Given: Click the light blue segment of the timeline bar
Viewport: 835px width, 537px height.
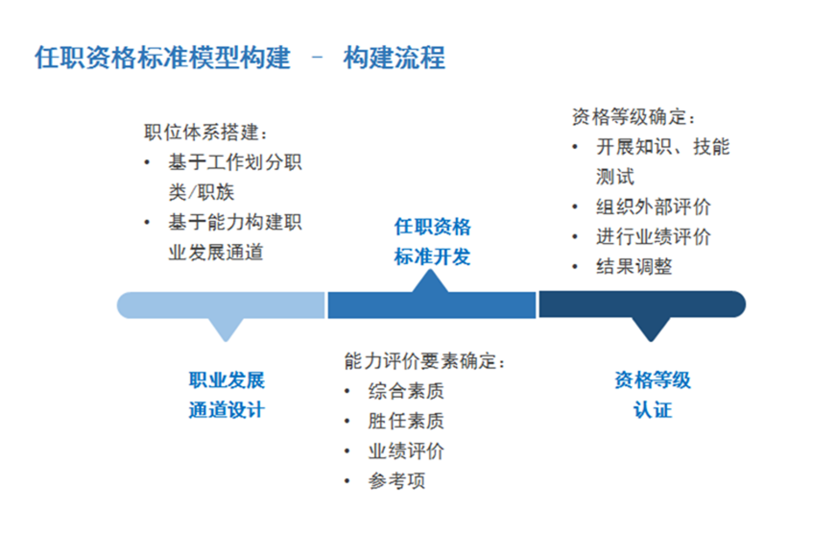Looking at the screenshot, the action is [x=221, y=305].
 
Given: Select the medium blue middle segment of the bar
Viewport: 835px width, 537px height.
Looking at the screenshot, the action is [x=431, y=305].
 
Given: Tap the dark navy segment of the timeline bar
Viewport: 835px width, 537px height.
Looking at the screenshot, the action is [x=642, y=305].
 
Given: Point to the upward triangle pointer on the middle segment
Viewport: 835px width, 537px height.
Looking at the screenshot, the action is [x=430, y=281].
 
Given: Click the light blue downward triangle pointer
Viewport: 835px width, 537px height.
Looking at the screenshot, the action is [x=226, y=330].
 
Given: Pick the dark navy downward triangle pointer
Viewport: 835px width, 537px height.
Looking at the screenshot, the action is [x=650, y=330].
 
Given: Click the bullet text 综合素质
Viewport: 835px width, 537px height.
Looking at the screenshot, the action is [x=406, y=391].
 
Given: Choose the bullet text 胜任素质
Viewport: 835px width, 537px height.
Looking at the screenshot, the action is [x=406, y=421].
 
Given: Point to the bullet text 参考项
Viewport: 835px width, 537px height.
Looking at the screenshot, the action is [x=396, y=480].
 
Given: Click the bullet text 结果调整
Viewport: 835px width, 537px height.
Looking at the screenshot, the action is [x=634, y=266].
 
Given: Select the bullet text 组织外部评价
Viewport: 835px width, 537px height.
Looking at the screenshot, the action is [x=654, y=207].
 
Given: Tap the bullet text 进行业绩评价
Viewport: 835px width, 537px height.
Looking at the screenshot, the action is [x=654, y=236].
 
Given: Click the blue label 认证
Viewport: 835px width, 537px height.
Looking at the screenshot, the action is [x=653, y=410].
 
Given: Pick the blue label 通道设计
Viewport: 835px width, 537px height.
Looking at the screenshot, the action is [x=227, y=410].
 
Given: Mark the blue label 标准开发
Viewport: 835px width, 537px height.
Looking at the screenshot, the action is [x=433, y=256].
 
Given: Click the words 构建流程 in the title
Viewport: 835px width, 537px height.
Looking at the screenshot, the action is [x=394, y=58].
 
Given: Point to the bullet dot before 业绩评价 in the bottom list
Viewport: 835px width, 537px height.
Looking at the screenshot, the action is [x=347, y=452].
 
